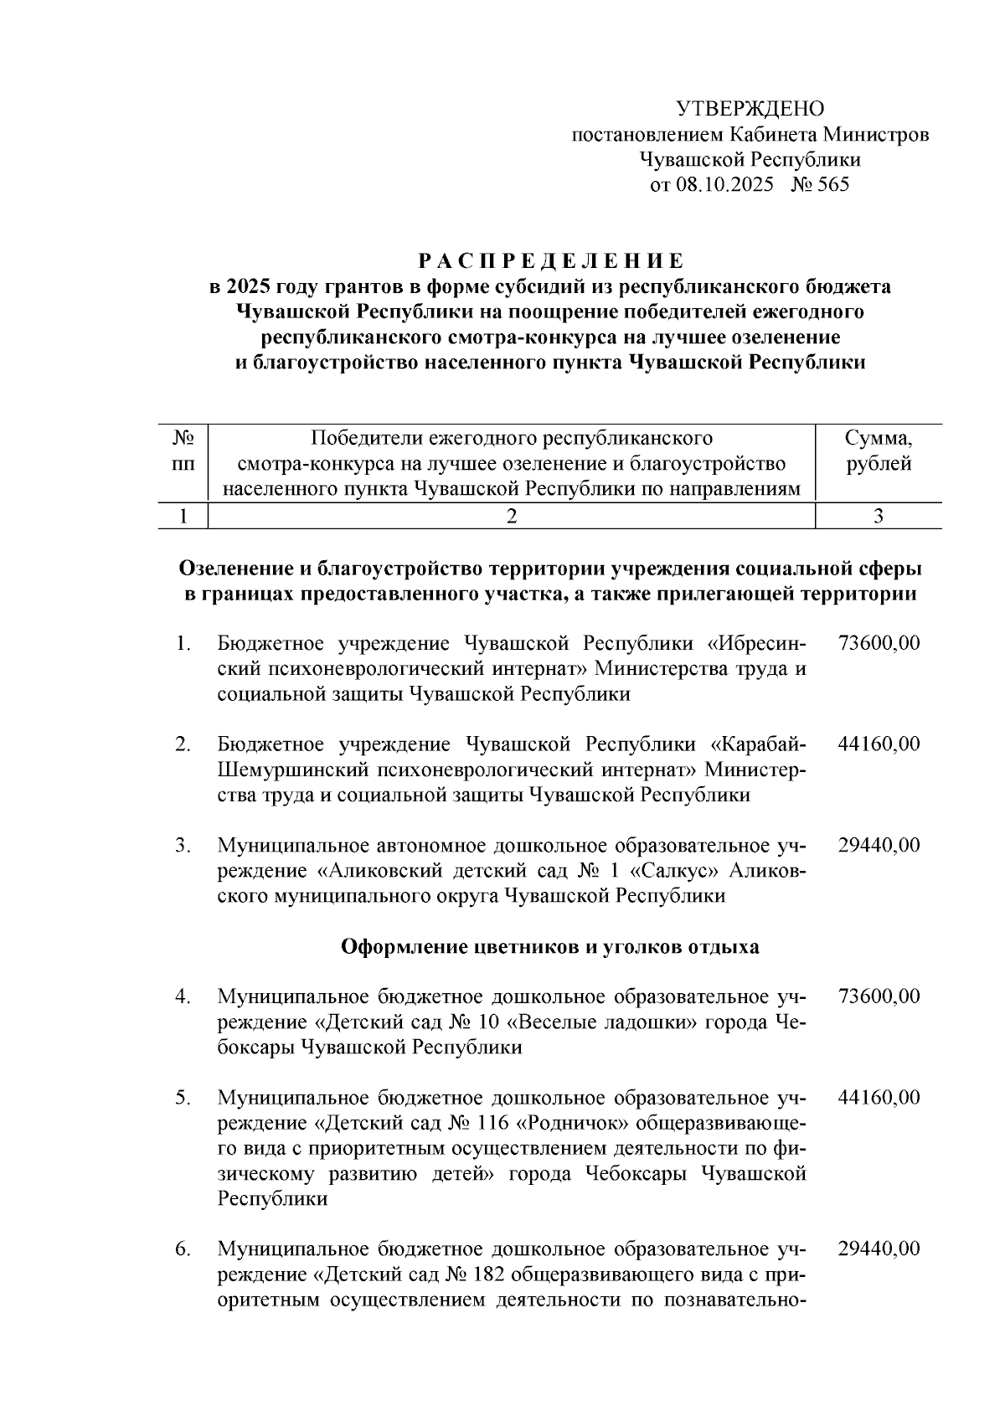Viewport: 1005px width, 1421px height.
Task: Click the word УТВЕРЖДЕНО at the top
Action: click(750, 109)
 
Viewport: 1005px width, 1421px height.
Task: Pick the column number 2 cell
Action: click(511, 516)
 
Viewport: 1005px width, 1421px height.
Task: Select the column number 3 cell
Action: click(879, 516)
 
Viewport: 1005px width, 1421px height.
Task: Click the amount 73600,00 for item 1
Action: click(879, 643)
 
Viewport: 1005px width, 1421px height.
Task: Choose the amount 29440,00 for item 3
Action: click(879, 845)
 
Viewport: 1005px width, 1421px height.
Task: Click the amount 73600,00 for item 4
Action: click(879, 996)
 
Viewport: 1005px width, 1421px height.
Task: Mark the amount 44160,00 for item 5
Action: click(879, 1097)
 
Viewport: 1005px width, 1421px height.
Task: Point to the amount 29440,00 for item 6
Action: click(879, 1249)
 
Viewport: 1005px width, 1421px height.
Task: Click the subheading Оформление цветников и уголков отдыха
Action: click(550, 947)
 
